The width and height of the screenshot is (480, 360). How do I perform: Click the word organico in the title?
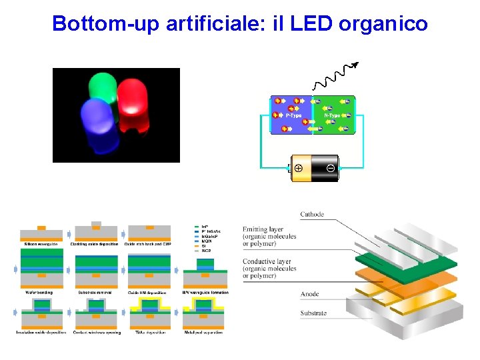[x=383, y=25]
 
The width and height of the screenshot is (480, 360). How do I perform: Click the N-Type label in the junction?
[x=331, y=115]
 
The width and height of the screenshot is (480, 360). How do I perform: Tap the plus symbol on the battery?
[x=299, y=168]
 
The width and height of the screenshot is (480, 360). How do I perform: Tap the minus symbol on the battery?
[x=331, y=168]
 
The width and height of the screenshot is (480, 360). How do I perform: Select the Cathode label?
[x=313, y=215]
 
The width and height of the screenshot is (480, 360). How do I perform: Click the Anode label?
[x=309, y=294]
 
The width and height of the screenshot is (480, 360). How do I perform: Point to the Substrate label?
[x=313, y=313]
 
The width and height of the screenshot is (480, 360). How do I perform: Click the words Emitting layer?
[x=267, y=229]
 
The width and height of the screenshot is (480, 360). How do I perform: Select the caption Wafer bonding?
[x=38, y=292]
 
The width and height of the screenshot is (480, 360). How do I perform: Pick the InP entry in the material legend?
[x=205, y=227]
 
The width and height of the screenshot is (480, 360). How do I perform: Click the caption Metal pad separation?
[x=204, y=332]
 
